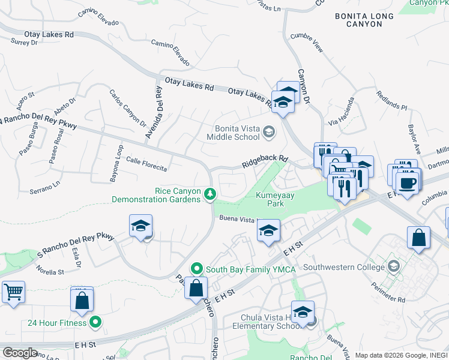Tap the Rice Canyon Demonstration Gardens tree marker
[210, 194]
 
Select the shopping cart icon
[13, 293]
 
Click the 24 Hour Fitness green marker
[95, 322]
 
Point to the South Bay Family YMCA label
[251, 269]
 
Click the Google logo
[19, 352]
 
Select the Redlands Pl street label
[391, 101]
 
